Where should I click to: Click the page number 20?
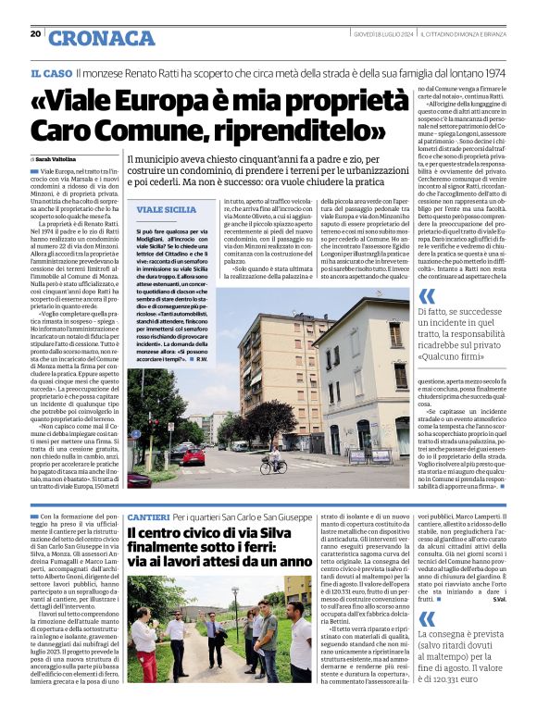tap(35, 33)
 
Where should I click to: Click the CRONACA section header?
tap(102, 38)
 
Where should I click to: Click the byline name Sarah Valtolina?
tap(56, 159)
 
